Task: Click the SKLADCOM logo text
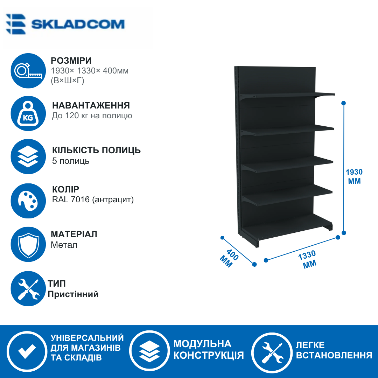78,24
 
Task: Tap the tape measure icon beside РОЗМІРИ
28,71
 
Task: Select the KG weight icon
28,113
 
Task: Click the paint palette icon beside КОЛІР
28,201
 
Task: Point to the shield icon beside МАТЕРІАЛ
28,244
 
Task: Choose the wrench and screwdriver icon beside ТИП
28,288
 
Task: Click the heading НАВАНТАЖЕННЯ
91,105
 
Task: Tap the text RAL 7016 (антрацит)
93,199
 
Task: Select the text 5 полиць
71,161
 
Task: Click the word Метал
64,245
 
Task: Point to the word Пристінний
73,294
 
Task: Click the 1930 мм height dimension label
354,176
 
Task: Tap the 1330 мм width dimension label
308,259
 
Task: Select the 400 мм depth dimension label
229,258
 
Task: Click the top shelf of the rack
288,95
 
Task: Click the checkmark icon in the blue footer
27,351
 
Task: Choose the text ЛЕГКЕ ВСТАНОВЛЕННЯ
334,350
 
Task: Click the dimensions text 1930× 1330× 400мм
90,71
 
